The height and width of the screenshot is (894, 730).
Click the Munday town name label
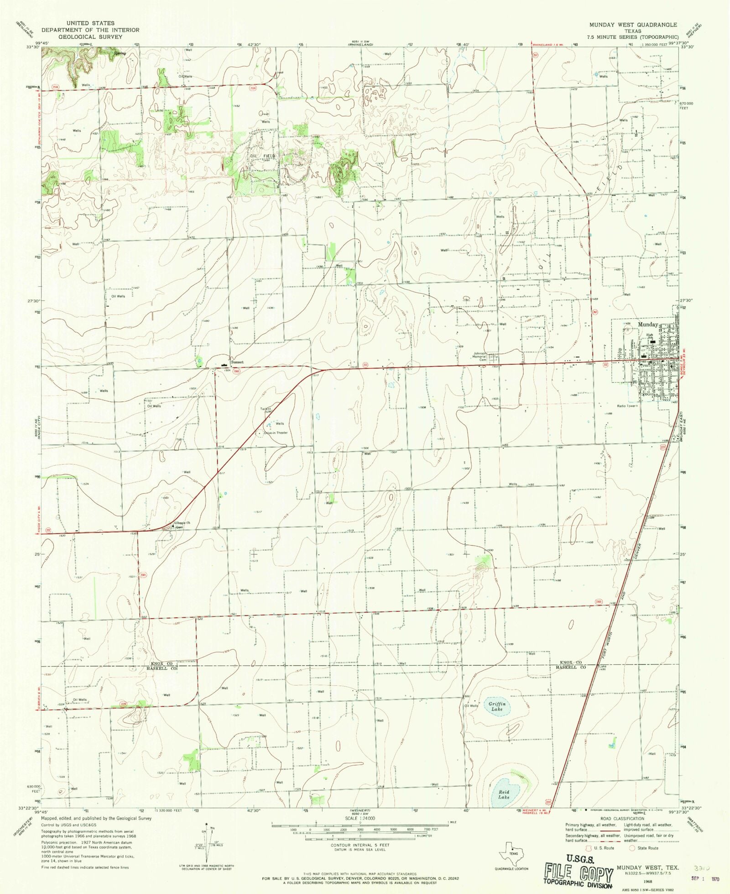[647, 325]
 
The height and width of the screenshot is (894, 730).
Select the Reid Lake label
[504, 794]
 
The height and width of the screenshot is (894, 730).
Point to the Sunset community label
[237, 362]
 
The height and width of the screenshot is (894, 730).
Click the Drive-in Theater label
[276, 433]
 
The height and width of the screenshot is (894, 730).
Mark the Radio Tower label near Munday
[626, 406]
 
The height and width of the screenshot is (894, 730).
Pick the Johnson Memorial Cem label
[480, 357]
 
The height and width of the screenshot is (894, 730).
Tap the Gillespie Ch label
[182, 523]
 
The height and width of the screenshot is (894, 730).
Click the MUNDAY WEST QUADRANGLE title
[633, 25]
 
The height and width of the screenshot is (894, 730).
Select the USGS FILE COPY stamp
[577, 873]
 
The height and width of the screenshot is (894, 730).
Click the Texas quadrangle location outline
[510, 852]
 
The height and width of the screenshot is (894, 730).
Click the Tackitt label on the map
[266, 409]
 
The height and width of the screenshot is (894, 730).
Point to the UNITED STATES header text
[90, 23]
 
